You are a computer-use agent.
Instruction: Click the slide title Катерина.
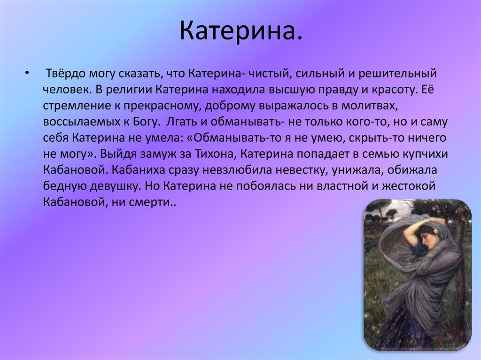point(240,31)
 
